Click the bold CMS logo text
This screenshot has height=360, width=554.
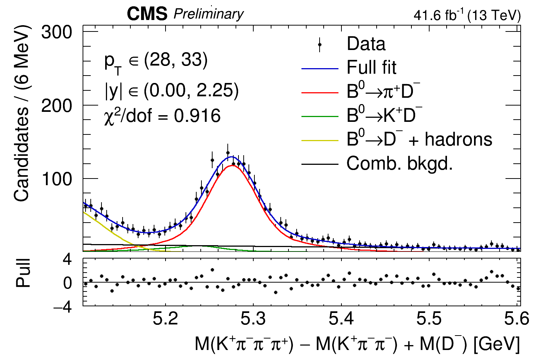coord(147,14)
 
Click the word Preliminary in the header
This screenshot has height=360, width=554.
coord(208,14)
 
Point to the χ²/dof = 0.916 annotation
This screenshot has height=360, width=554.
coord(162,116)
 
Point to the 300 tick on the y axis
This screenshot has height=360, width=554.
coord(56,33)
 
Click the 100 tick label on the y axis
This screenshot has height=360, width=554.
coord(56,179)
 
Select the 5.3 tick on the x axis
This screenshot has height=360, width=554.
coord(253,319)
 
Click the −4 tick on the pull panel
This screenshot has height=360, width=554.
coord(63,307)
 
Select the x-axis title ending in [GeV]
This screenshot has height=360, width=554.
coord(357,344)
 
